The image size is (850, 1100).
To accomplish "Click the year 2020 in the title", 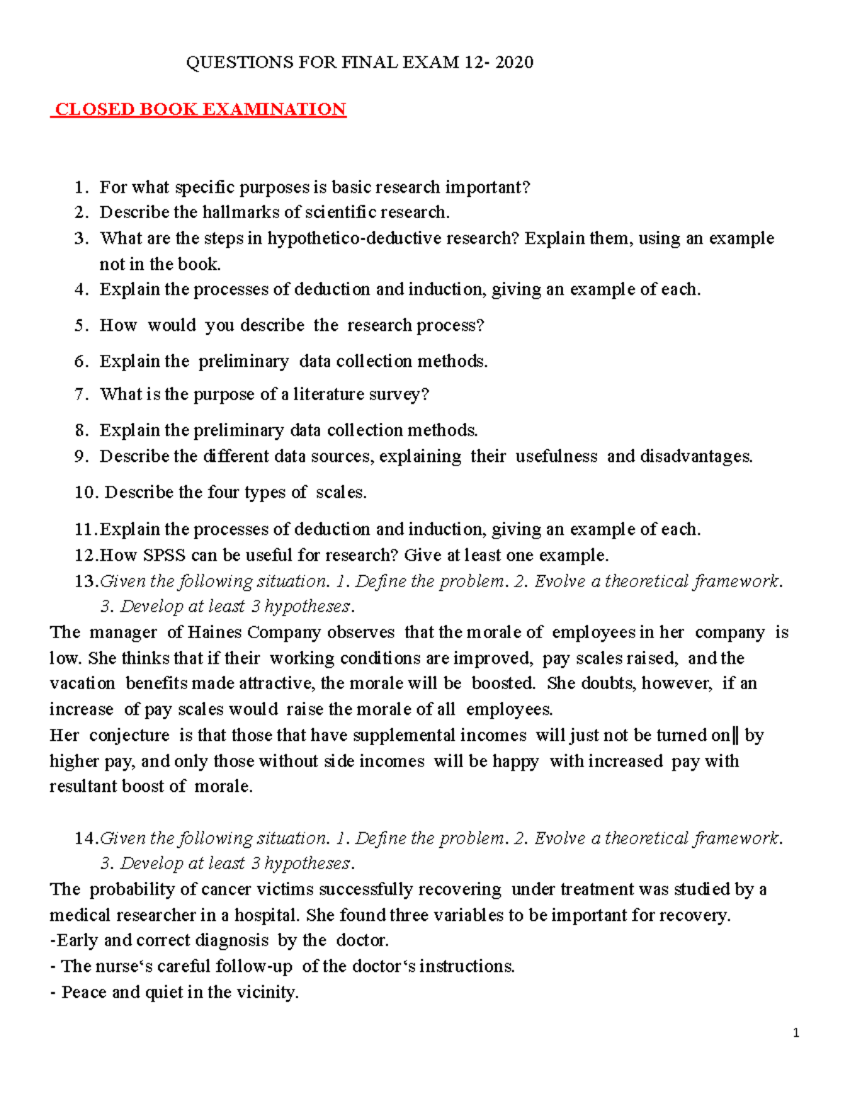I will (514, 62).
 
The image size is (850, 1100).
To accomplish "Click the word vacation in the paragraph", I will (82, 684).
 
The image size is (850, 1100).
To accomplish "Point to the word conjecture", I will (130, 735).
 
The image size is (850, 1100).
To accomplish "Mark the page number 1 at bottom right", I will (796, 1033).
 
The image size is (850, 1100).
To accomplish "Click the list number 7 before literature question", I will (81, 395).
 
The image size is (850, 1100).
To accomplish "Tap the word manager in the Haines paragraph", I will (123, 633).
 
